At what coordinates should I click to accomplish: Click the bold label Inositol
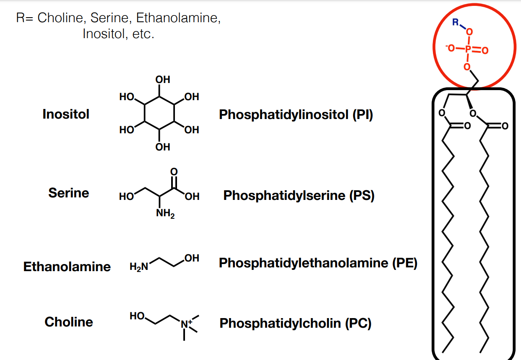[66, 114]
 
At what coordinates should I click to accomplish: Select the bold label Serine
[69, 193]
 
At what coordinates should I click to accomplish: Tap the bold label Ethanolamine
[67, 267]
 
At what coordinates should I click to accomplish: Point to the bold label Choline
[69, 322]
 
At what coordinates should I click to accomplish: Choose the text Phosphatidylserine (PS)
[299, 195]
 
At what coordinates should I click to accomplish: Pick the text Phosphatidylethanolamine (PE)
[318, 263]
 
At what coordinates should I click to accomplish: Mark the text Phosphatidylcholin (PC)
[295, 323]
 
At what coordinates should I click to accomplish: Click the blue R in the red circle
[456, 22]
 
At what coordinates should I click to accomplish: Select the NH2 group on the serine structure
[165, 214]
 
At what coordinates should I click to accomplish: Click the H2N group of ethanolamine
[139, 267]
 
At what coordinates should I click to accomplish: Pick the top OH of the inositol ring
[163, 79]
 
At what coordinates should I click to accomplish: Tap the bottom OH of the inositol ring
[163, 147]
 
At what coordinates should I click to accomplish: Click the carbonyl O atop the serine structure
[175, 171]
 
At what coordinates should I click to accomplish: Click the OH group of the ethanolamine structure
[191, 258]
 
